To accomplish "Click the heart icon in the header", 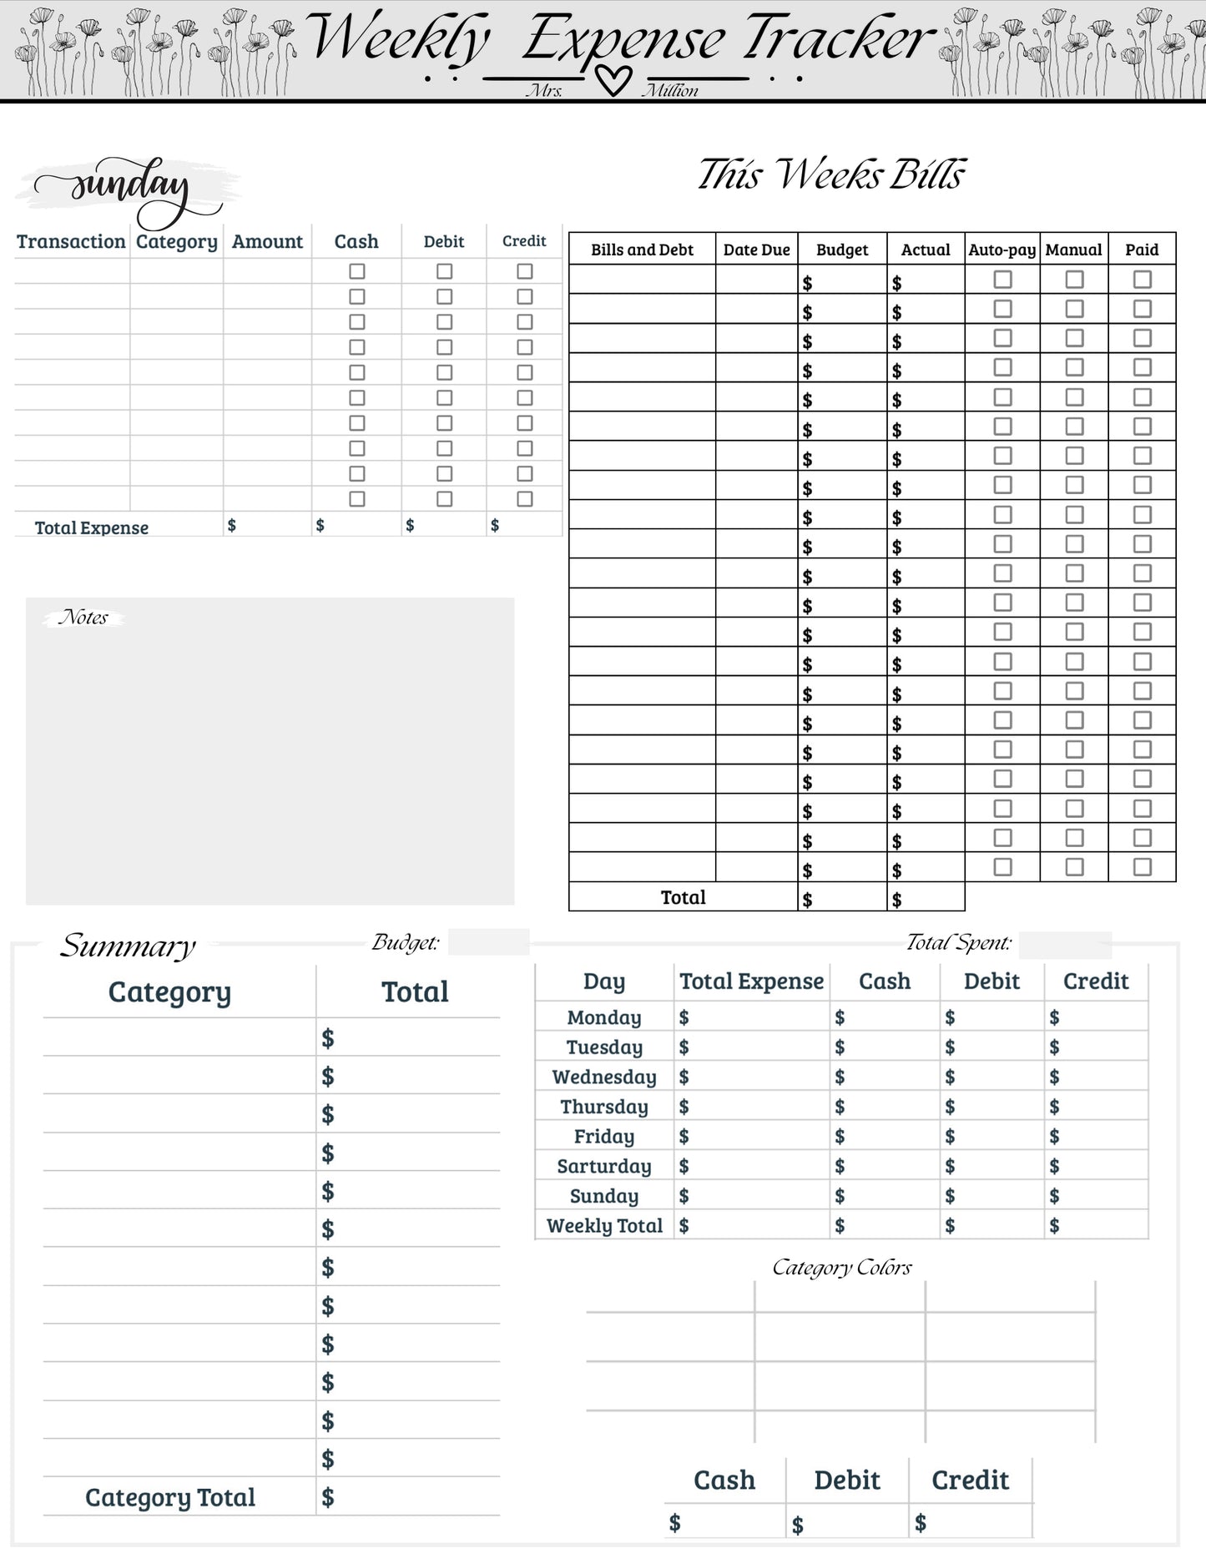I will coord(613,81).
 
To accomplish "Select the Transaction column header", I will coord(71,242).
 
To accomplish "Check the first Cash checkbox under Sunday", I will coord(357,271).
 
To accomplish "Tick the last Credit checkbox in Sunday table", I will coord(524,499).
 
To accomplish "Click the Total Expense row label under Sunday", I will coord(92,527).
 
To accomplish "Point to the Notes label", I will coord(83,618).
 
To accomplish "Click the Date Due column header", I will coord(756,250).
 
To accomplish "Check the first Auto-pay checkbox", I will coord(1002,280).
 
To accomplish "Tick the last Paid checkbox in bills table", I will coord(1142,866).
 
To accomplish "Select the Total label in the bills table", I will coord(683,897).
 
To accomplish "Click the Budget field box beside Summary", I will coord(488,942).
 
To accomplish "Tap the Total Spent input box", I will coord(1065,945).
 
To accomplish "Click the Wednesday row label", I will coord(604,1077).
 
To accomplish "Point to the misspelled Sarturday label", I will coord(604,1167).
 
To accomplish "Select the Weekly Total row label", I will coord(604,1226).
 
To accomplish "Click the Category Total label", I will coord(170,1498).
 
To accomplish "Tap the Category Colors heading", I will coord(841,1268).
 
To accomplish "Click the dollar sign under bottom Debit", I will coord(798,1526).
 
